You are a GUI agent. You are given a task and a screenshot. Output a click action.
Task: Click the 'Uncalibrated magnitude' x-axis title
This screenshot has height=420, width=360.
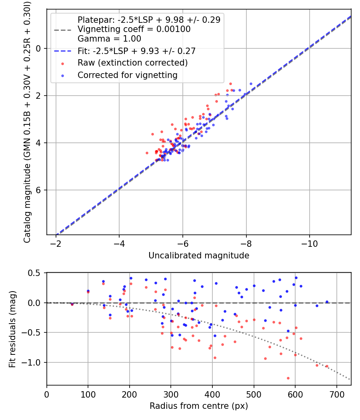[199, 256]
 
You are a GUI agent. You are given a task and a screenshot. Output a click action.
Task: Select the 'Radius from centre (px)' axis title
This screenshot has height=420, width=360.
[199, 406]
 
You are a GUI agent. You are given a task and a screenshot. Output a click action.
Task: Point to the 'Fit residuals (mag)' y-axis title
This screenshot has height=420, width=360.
[12, 329]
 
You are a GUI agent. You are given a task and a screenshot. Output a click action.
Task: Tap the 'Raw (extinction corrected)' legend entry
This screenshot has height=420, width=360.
[132, 63]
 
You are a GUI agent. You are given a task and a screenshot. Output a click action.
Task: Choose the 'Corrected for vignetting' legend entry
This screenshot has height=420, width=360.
[127, 75]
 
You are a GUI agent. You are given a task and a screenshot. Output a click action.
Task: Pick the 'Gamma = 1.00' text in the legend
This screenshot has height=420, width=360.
[109, 39]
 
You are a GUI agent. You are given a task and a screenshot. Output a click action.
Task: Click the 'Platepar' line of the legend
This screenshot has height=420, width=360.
[149, 20]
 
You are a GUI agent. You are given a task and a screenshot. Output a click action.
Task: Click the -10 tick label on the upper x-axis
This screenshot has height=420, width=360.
[309, 244]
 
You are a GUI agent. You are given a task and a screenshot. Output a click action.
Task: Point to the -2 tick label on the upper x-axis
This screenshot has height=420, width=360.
[56, 244]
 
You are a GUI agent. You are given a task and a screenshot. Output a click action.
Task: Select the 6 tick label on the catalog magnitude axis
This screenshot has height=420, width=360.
[39, 190]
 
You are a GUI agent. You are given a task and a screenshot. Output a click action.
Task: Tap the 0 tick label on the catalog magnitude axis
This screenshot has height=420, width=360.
[39, 48]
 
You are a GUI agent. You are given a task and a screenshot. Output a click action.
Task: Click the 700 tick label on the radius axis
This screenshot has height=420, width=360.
[336, 394]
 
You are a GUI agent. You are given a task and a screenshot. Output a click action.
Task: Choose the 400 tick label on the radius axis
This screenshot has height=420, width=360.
[212, 394]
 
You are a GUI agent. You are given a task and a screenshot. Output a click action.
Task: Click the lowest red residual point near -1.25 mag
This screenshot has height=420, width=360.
[288, 378]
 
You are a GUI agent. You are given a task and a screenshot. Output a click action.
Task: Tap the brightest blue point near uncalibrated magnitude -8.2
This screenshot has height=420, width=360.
[251, 84]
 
